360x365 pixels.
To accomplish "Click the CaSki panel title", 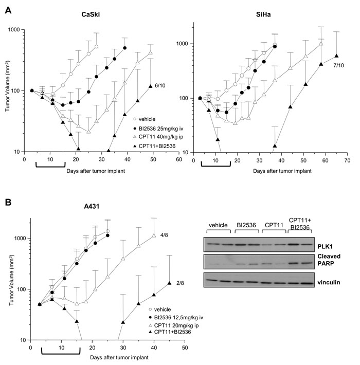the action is (91, 14).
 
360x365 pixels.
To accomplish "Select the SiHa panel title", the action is (263, 14).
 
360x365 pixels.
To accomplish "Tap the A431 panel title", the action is (92, 206).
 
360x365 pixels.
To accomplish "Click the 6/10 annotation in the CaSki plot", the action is (160, 86).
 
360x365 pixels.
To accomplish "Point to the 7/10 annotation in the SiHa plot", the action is (338, 65).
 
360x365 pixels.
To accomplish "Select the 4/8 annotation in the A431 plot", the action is (164, 235).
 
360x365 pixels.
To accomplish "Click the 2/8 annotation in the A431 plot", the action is (180, 283).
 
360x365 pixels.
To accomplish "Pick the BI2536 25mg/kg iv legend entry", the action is (158, 129).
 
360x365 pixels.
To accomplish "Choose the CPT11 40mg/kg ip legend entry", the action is (158, 137).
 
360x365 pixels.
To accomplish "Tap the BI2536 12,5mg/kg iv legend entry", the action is (176, 318).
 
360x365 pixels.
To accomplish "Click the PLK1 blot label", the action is (325, 247).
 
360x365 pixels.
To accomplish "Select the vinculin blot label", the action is (329, 282).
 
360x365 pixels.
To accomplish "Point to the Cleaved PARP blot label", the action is (329, 260).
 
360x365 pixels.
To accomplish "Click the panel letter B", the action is (8, 202).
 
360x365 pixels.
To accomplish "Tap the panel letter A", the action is (8, 10).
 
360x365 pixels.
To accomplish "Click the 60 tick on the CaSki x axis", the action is (179, 159).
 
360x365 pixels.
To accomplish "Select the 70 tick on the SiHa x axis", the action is (347, 160).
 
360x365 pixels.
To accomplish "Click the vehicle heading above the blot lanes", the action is (218, 225).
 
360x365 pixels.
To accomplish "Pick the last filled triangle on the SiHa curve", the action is (336, 56).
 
